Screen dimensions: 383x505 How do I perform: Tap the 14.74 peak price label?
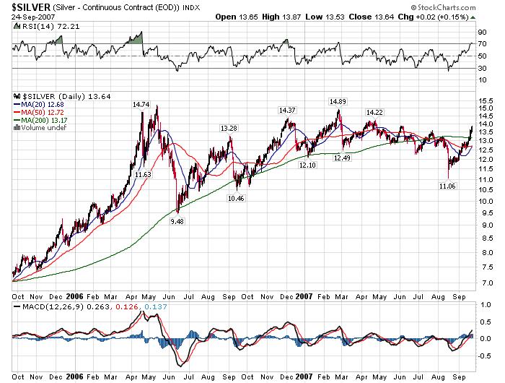coord(141,105)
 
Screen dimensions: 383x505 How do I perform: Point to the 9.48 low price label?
coord(175,222)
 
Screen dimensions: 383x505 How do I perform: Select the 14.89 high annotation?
coord(338,101)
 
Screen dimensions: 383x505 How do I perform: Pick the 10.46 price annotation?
coord(236,198)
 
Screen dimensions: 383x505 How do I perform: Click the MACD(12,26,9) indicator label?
coord(46,309)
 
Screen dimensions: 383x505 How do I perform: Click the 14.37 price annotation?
coord(287,110)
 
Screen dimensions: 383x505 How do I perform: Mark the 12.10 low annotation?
coord(307,165)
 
